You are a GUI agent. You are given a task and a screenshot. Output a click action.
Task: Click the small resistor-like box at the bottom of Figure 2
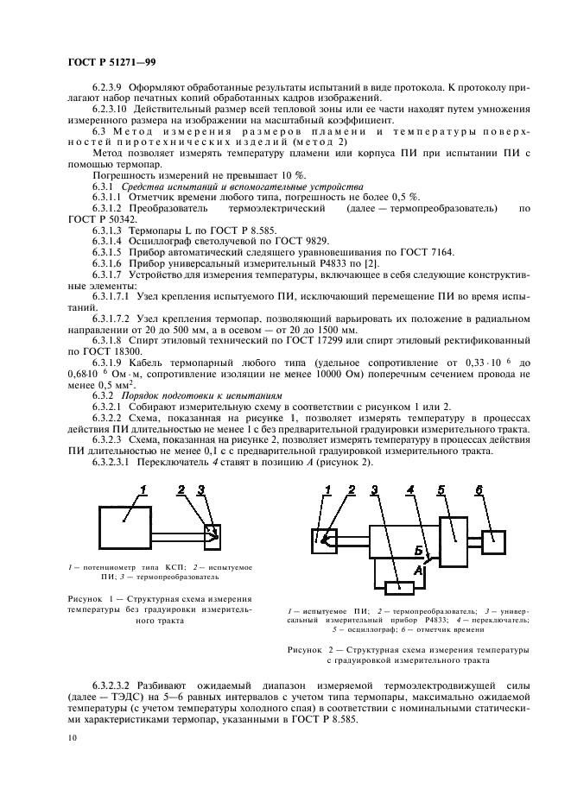pos(401,588)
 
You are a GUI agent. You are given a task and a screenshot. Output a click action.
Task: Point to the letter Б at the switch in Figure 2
pos(418,550)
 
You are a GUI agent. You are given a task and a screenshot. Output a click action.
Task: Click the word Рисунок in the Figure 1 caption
pos(86,597)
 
